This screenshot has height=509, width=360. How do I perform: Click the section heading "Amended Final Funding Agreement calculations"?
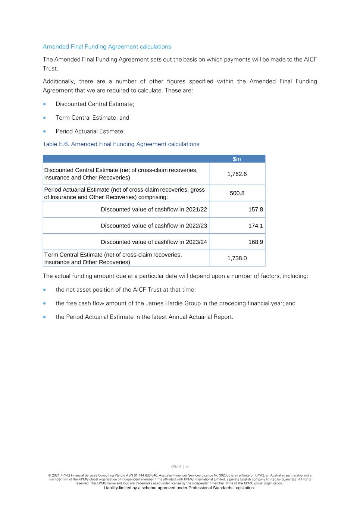(107, 47)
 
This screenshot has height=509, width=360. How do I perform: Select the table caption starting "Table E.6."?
(121, 144)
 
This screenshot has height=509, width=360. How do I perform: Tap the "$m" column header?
(237, 159)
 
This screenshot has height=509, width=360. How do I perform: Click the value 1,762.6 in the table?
(237, 174)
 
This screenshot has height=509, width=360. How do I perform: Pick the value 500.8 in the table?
(237, 193)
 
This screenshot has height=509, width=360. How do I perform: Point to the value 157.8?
(256, 210)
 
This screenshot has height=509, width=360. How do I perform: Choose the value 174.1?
(256, 226)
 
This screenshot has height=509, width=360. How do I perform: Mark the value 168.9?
(256, 242)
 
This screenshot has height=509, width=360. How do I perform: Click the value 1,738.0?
(237, 258)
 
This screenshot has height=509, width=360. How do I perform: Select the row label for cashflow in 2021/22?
(154, 210)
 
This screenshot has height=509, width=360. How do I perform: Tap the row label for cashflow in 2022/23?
(154, 226)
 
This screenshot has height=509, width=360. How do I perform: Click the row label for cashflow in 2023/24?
(154, 242)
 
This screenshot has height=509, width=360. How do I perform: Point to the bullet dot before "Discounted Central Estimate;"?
(45, 104)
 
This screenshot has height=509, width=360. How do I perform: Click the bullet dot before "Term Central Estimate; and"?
(45, 118)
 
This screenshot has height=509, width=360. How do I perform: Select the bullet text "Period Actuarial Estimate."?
(90, 131)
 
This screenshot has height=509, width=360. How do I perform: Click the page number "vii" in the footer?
(188, 466)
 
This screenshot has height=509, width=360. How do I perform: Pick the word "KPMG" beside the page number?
(176, 466)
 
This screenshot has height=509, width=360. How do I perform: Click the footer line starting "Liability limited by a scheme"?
(179, 488)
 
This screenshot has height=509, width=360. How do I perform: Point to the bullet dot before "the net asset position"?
(45, 290)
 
